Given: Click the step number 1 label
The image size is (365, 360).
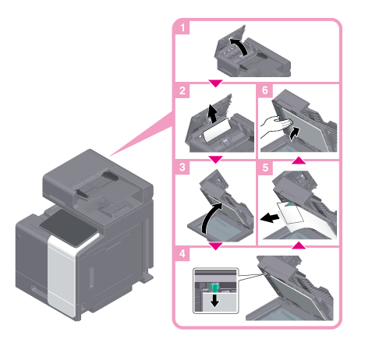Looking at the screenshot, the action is [x=182, y=27].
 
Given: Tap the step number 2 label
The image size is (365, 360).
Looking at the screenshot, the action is [x=182, y=90].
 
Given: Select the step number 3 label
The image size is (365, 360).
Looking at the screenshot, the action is [x=182, y=168].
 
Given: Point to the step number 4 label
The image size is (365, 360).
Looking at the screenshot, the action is [x=182, y=253].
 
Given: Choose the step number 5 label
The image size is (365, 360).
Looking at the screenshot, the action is [x=265, y=168].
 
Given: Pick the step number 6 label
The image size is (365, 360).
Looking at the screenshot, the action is [x=265, y=90].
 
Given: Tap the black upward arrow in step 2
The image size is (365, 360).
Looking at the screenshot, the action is [x=212, y=114].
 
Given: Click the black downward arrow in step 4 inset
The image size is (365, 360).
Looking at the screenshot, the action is [x=214, y=301].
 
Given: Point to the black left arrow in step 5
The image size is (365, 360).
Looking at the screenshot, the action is [x=270, y=217].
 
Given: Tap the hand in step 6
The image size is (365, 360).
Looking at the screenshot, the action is [x=275, y=127].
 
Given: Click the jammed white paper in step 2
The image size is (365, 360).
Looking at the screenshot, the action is [x=216, y=130].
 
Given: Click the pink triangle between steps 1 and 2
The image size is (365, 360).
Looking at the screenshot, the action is [x=215, y=83].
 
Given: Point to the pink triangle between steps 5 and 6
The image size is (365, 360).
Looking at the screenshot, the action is [x=299, y=160].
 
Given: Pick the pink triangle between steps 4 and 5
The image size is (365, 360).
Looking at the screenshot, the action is [x=299, y=245].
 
